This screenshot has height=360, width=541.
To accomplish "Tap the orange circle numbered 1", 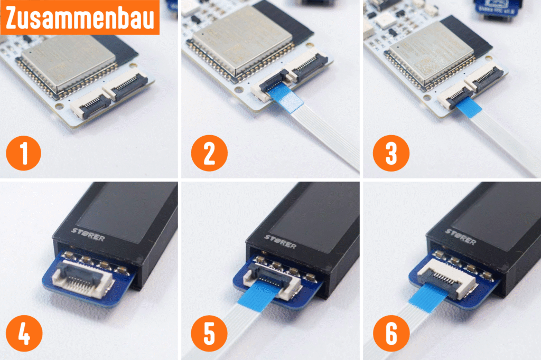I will pos(23,154).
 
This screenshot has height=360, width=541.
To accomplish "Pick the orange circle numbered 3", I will pos(390,154).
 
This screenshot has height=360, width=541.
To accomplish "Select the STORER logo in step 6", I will pos(460,235).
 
